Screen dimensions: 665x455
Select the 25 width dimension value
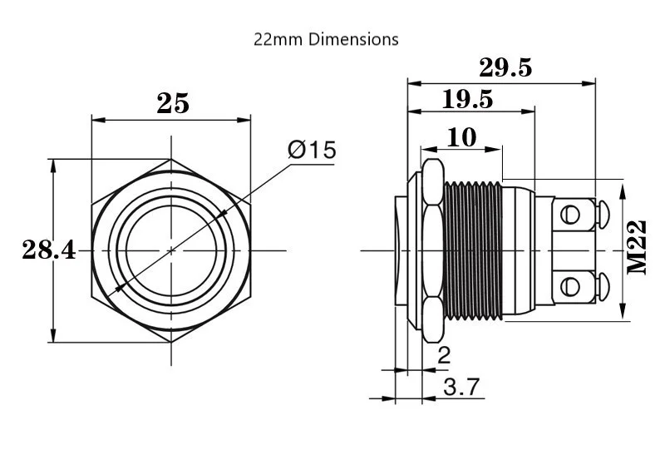(173, 103)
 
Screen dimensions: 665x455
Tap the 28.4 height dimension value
(48, 250)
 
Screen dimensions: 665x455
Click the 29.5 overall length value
(505, 67)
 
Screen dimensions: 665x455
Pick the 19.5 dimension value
(468, 100)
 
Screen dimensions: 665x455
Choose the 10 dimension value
(462, 136)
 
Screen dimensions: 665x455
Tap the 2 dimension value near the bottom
(444, 356)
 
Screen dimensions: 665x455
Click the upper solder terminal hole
(570, 215)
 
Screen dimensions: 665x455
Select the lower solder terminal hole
(570, 287)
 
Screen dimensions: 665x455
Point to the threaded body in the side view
(474, 250)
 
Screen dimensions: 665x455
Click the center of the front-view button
(171, 250)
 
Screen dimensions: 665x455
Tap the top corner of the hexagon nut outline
(171, 158)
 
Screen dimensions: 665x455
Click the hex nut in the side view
(431, 250)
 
